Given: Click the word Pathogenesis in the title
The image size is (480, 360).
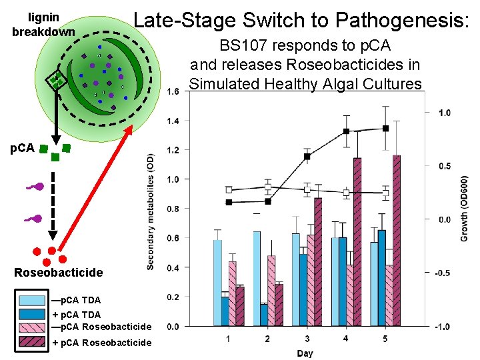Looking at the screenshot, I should pyautogui.click(x=403, y=20).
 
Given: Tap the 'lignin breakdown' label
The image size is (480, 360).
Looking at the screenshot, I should pyautogui.click(x=43, y=24).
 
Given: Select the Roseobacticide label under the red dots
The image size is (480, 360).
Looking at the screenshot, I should pyautogui.click(x=59, y=272).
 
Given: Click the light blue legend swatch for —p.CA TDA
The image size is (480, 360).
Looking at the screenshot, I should pyautogui.click(x=32, y=301).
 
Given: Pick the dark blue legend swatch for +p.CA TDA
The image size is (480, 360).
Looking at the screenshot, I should pyautogui.click(x=32, y=314).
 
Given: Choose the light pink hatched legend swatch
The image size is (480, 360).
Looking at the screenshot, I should pyautogui.click(x=32, y=327).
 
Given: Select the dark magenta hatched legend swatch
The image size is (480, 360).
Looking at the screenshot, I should pyautogui.click(x=32, y=342).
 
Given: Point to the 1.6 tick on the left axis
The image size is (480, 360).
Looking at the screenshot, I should pyautogui.click(x=173, y=91).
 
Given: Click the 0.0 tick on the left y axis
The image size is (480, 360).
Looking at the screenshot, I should pyautogui.click(x=173, y=326).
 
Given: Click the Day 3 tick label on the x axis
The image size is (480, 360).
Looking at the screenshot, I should pyautogui.click(x=307, y=339).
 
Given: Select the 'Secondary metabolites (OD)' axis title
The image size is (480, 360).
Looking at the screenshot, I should pyautogui.click(x=151, y=210).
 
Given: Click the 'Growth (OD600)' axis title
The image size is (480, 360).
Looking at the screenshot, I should pyautogui.click(x=464, y=208).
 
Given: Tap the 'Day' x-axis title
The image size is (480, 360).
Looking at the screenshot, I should pyautogui.click(x=305, y=353).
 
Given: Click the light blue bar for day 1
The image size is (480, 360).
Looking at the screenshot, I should pyautogui.click(x=217, y=283).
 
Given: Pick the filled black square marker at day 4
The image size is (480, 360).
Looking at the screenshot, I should pyautogui.click(x=346, y=131).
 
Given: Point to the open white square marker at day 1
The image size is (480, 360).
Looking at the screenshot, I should pyautogui.click(x=229, y=190).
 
